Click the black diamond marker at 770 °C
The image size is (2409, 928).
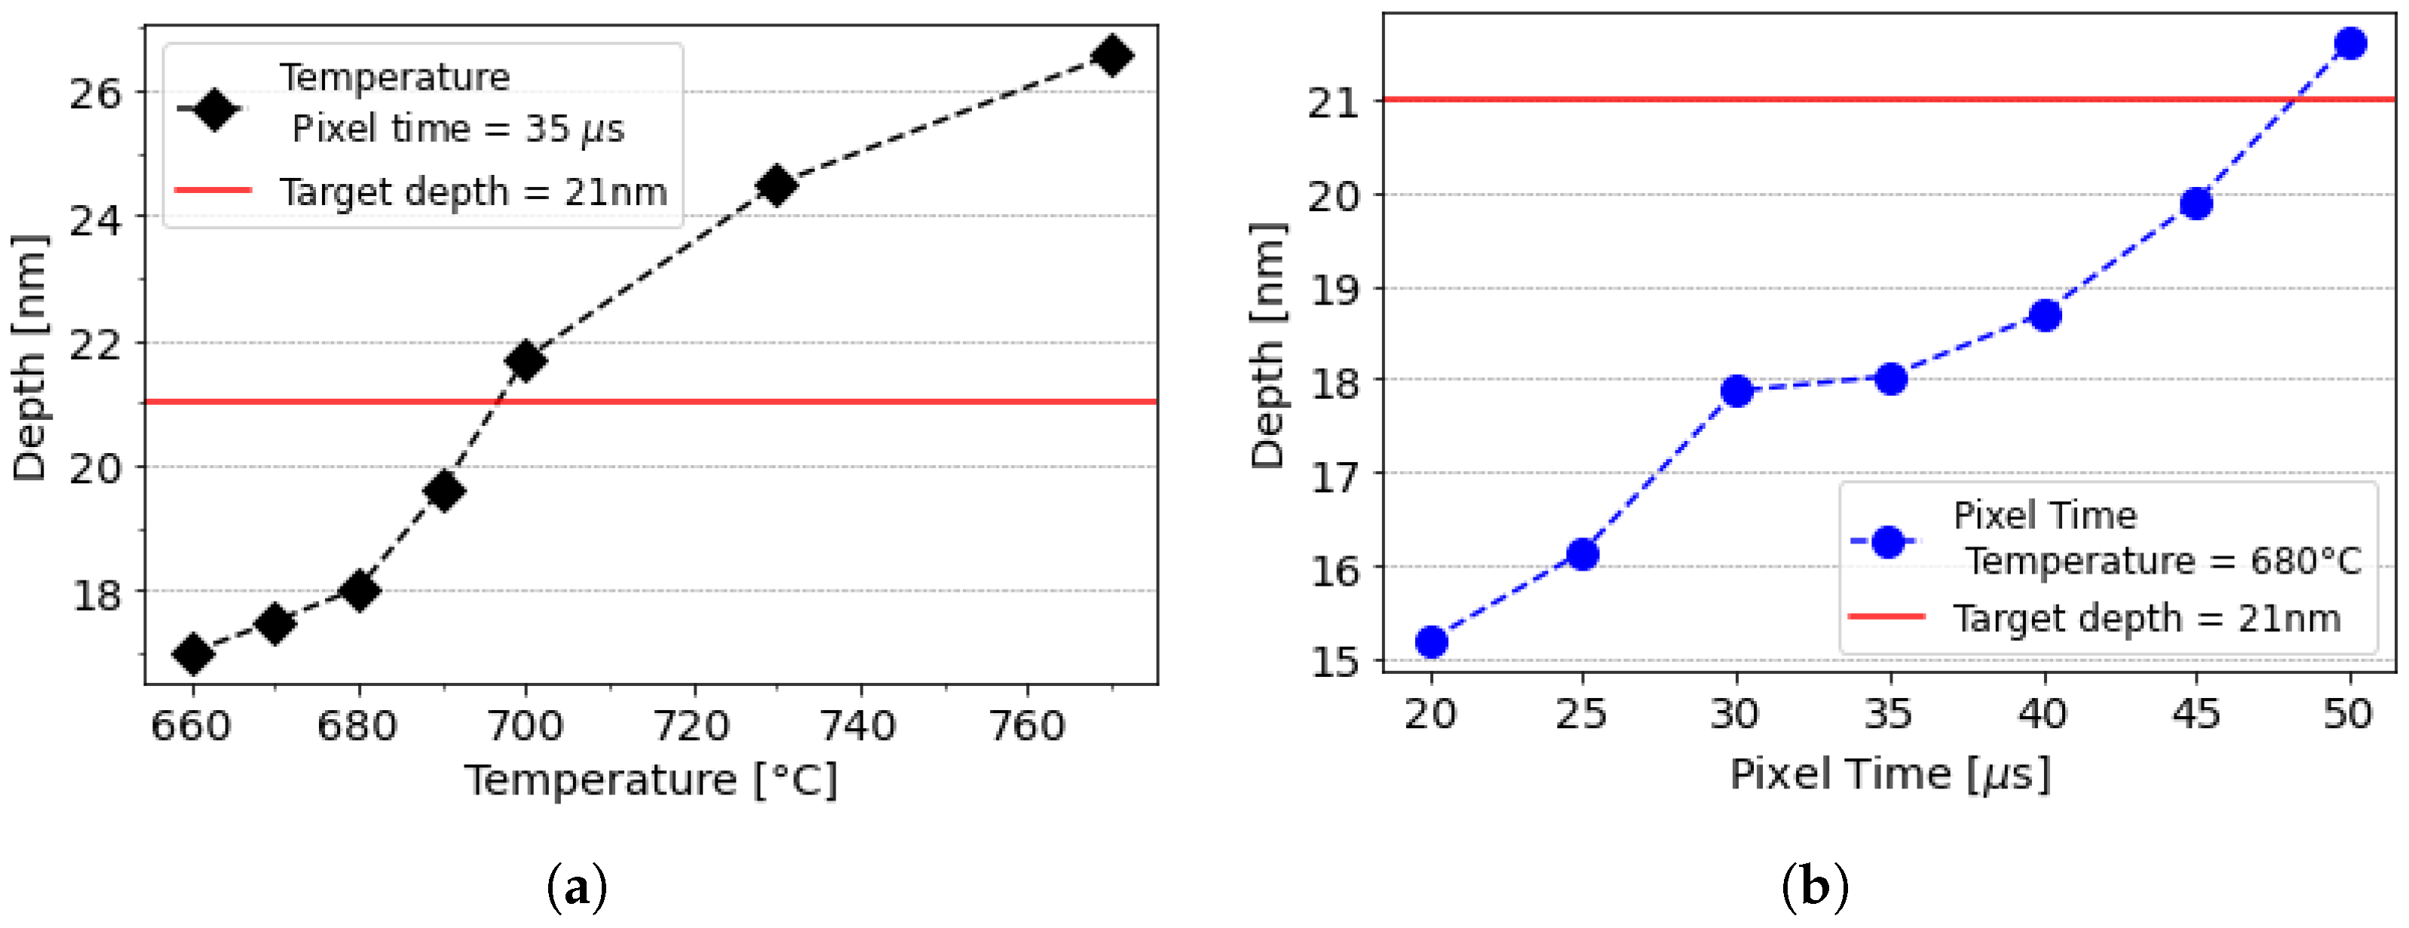1112,56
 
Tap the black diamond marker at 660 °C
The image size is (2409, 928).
194,654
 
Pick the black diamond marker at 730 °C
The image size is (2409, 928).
776,185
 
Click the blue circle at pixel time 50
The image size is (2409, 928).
2350,43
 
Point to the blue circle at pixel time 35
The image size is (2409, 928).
1891,378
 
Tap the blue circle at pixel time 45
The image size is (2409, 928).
2196,204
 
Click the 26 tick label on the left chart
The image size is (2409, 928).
96,93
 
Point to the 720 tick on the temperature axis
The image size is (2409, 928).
692,726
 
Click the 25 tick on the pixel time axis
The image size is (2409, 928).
1581,715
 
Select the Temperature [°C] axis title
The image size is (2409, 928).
651,780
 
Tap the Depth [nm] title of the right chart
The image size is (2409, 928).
1268,346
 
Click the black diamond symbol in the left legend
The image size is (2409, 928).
214,110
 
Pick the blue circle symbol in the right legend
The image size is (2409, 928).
1888,541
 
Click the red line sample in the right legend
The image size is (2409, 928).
1887,617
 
